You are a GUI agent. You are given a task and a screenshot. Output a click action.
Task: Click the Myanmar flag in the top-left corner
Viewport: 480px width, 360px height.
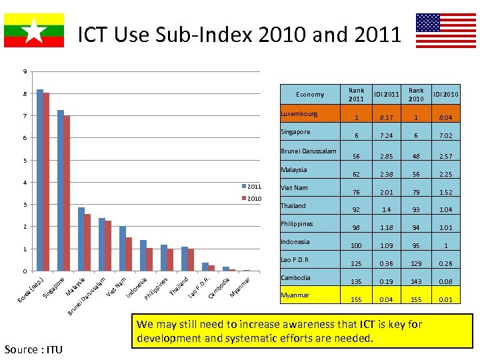[34, 30]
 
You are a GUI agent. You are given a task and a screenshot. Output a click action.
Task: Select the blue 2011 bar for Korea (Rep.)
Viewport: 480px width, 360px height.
[40, 180]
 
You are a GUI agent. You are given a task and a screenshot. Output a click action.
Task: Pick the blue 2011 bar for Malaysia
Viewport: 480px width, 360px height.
[81, 239]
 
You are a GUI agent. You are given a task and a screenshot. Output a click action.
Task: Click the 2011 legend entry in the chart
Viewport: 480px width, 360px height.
[253, 187]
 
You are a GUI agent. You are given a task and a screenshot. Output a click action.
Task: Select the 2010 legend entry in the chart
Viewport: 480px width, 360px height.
[253, 199]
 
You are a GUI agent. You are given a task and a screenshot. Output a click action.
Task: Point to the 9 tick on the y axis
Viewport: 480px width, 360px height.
[25, 72]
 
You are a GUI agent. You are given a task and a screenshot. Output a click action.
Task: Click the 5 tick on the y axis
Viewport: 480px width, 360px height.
[25, 161]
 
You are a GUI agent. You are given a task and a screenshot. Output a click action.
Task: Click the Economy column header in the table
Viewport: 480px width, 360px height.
[310, 95]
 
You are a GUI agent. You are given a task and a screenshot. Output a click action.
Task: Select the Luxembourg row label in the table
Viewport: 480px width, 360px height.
[299, 114]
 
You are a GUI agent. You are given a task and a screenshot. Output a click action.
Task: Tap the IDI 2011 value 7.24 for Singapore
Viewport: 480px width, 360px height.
[386, 136]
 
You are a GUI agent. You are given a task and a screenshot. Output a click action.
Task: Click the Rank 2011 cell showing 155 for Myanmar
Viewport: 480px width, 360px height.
[357, 300]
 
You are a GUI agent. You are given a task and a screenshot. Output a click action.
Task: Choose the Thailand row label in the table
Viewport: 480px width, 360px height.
[293, 206]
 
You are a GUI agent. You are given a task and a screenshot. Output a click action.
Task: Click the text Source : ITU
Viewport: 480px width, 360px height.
[33, 349]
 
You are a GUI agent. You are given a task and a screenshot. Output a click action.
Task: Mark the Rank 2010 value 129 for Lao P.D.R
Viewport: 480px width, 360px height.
[416, 264]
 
